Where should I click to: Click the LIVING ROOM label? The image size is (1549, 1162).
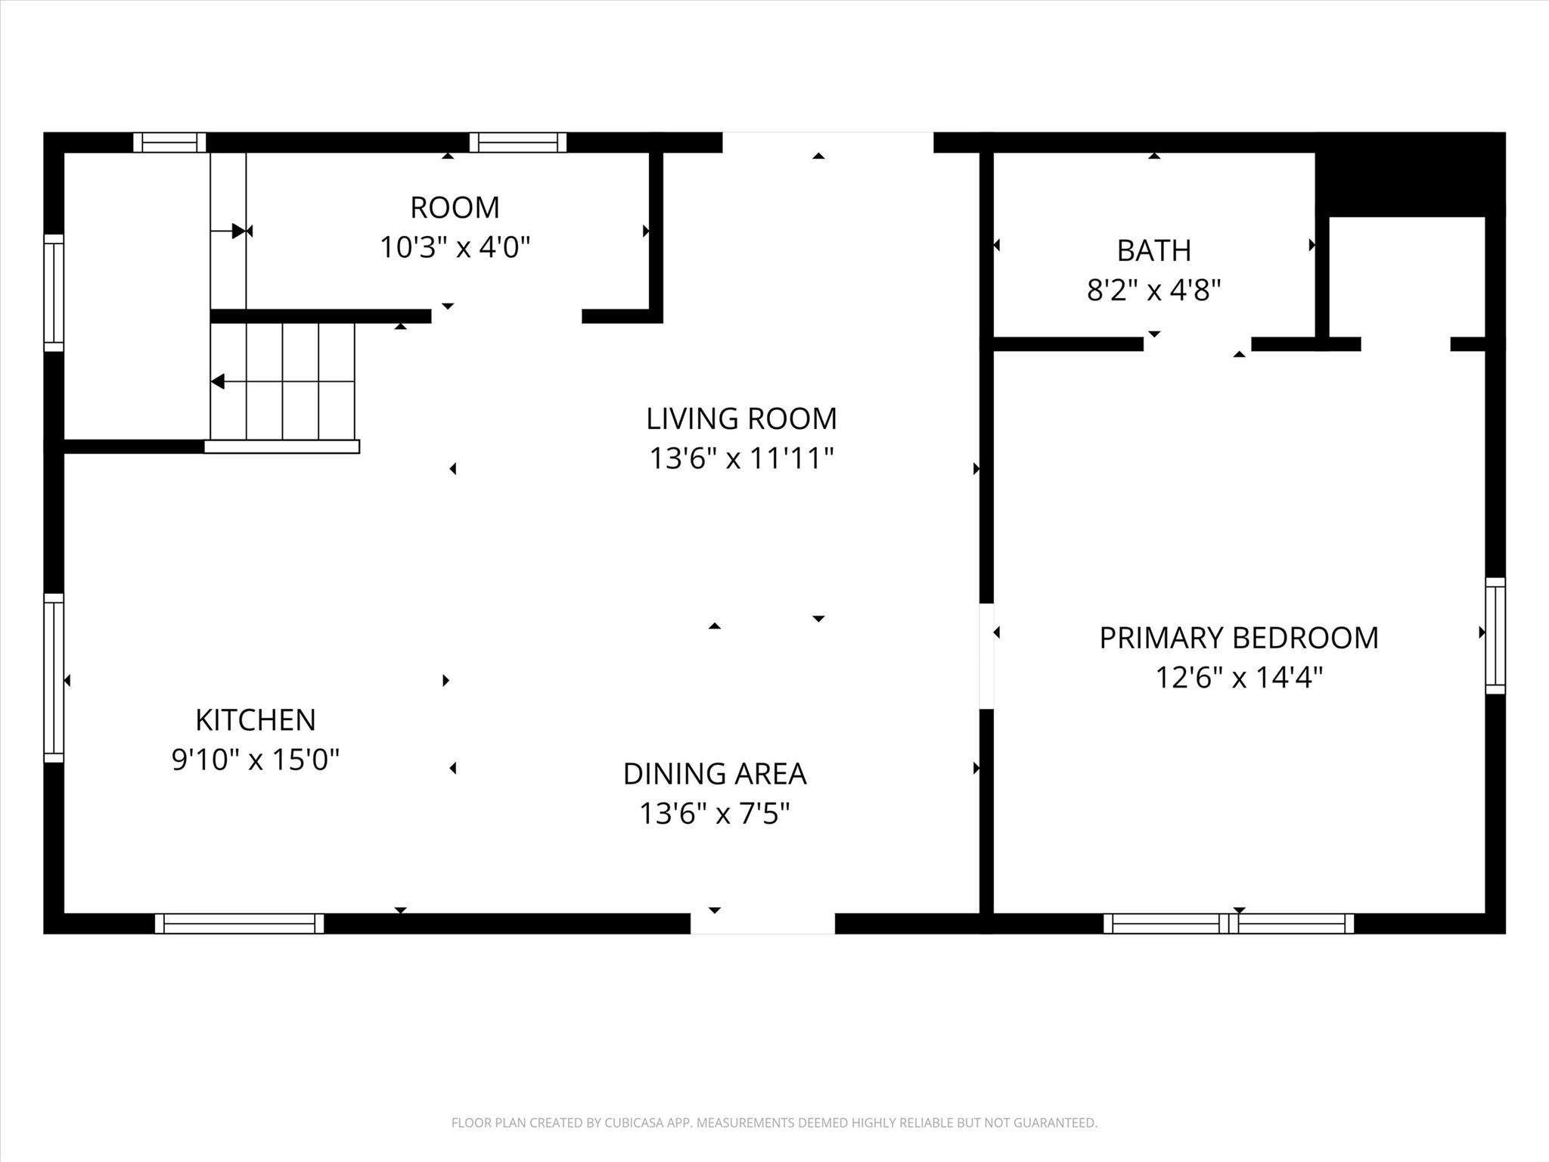point(741,418)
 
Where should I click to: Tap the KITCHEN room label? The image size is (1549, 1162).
point(256,719)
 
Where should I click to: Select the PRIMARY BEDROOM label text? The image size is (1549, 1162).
point(1239,638)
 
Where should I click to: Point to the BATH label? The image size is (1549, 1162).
point(1154,250)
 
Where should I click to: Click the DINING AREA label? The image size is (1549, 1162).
point(715,774)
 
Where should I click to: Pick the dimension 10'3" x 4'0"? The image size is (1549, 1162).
point(455,247)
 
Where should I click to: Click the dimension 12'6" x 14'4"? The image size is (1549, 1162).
point(1239,677)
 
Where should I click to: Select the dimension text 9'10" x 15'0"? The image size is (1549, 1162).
point(256,759)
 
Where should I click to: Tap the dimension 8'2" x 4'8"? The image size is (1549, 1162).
point(1154,290)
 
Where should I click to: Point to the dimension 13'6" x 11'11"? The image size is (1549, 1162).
point(741,458)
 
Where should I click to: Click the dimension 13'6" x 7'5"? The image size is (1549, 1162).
point(715,813)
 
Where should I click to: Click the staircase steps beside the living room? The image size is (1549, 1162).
point(283,381)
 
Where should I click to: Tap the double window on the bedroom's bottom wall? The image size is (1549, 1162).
point(1229,924)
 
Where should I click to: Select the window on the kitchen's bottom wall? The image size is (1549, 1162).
point(240,924)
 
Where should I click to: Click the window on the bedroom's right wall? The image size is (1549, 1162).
point(1495,635)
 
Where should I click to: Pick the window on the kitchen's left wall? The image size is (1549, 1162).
point(54,677)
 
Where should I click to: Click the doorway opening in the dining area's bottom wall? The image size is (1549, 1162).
point(762,924)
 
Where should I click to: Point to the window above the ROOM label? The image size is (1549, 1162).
point(518,142)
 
